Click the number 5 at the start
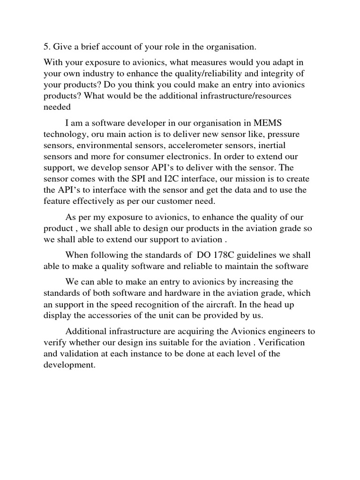pyautogui.click(x=46, y=47)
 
